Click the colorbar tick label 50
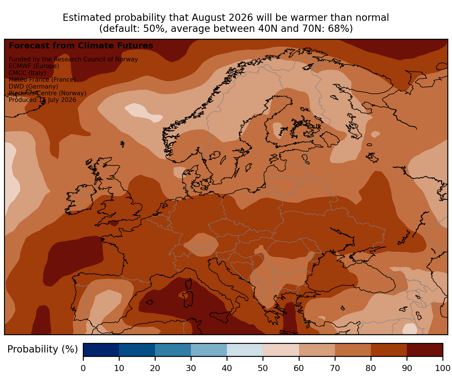pos(263,368)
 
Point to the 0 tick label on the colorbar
pos(83,368)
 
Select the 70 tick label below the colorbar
pos(335,368)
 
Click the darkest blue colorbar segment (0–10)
pos(101,350)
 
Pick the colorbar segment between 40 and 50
pos(245,350)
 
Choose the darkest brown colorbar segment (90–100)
pos(425,350)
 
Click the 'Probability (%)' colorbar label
pos(42,349)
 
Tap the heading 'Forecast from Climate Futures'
pos(81,46)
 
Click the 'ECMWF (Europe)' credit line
pos(34,66)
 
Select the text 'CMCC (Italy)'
pos(27,73)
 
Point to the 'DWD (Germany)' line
pos(33,86)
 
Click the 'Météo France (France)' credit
pos(42,79)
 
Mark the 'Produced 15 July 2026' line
pos(42,100)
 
